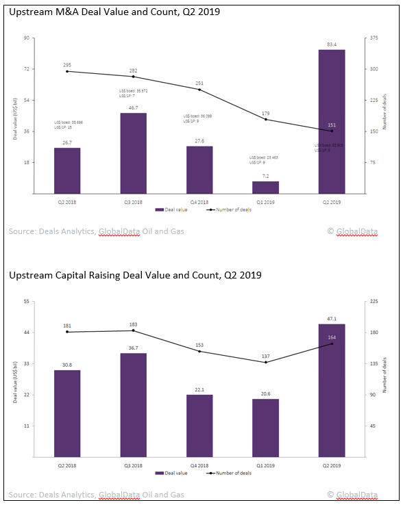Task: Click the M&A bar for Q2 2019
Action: [x=332, y=121]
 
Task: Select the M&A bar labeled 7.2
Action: [x=265, y=187]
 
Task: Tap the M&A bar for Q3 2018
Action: [x=133, y=153]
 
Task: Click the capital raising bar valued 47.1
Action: [x=332, y=390]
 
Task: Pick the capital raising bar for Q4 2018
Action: [x=199, y=426]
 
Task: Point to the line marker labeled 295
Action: [x=67, y=71]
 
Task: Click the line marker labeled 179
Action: [x=265, y=120]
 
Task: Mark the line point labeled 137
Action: [x=265, y=362]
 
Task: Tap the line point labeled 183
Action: [x=133, y=330]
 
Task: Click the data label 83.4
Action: [x=332, y=44]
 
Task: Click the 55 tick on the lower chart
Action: [x=26, y=301]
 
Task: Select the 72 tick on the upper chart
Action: [x=26, y=69]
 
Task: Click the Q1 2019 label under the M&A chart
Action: [x=265, y=201]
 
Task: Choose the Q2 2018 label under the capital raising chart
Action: [x=67, y=464]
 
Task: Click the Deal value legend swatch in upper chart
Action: [x=159, y=209]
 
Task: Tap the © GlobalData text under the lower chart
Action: [x=352, y=494]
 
